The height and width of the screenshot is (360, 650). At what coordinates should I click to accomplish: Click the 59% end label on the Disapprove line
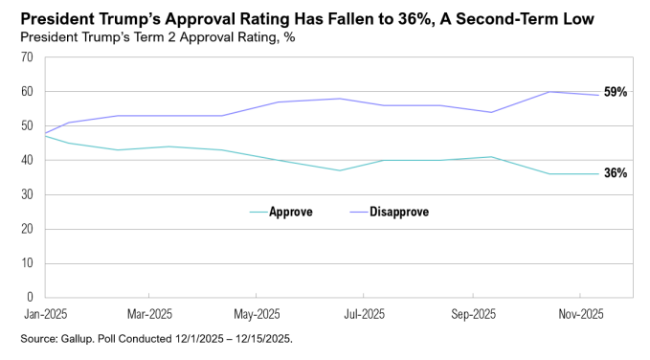[x=615, y=93]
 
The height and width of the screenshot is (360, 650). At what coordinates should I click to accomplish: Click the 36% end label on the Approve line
[x=615, y=173]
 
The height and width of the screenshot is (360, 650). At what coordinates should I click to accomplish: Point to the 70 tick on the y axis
[x=27, y=57]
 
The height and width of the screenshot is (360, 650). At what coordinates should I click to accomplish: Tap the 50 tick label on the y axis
[x=27, y=126]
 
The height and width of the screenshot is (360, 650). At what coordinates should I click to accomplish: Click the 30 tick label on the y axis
[x=27, y=195]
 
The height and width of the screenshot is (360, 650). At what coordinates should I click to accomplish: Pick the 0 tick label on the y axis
[x=30, y=298]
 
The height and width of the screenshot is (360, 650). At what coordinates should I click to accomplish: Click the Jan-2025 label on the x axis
[x=45, y=314]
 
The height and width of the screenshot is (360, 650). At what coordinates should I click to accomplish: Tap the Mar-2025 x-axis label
[x=149, y=314]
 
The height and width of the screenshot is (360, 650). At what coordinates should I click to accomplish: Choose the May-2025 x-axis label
[x=257, y=314]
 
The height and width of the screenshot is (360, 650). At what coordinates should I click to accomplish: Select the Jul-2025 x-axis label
[x=364, y=314]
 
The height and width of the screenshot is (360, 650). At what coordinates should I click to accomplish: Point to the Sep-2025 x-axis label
[x=472, y=314]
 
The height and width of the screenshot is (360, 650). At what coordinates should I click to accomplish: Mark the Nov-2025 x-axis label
[x=580, y=314]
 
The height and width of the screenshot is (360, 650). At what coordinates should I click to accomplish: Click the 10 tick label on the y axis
[x=27, y=263]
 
